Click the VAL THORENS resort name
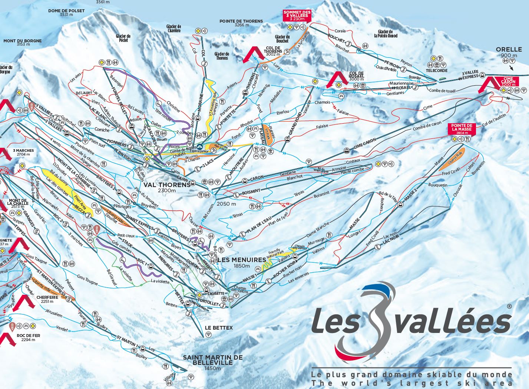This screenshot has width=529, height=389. click(x=167, y=184)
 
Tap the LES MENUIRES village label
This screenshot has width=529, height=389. click(x=242, y=260)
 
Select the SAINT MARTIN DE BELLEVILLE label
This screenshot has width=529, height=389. click(x=212, y=360)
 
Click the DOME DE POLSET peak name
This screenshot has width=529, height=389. click(x=66, y=11)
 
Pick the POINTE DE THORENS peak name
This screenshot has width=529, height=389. click(x=241, y=22)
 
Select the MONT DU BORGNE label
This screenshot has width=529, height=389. click(x=23, y=41)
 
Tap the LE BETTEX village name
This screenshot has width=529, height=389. click(x=219, y=328)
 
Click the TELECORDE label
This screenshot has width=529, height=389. click(x=436, y=71)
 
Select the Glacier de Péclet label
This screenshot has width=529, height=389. click(x=123, y=38)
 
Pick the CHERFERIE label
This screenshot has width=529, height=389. click(x=47, y=297)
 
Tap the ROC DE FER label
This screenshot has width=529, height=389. click(x=29, y=335)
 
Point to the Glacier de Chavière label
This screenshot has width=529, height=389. click(x=173, y=29)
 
